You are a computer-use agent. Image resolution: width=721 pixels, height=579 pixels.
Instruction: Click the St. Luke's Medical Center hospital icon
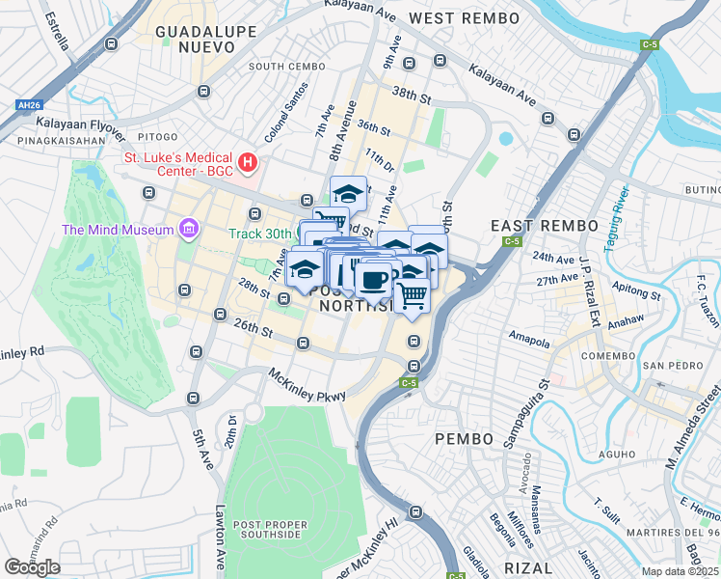(x=248, y=162)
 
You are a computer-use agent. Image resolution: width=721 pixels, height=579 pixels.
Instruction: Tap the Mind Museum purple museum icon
(x=188, y=230)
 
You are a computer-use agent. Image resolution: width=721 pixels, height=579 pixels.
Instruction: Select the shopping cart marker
(x=412, y=295)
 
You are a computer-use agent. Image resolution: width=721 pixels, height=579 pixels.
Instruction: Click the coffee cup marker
(x=373, y=280)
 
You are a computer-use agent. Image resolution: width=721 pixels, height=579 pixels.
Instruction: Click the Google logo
(x=32, y=567)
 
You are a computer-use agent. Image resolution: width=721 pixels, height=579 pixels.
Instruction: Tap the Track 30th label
(x=259, y=234)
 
